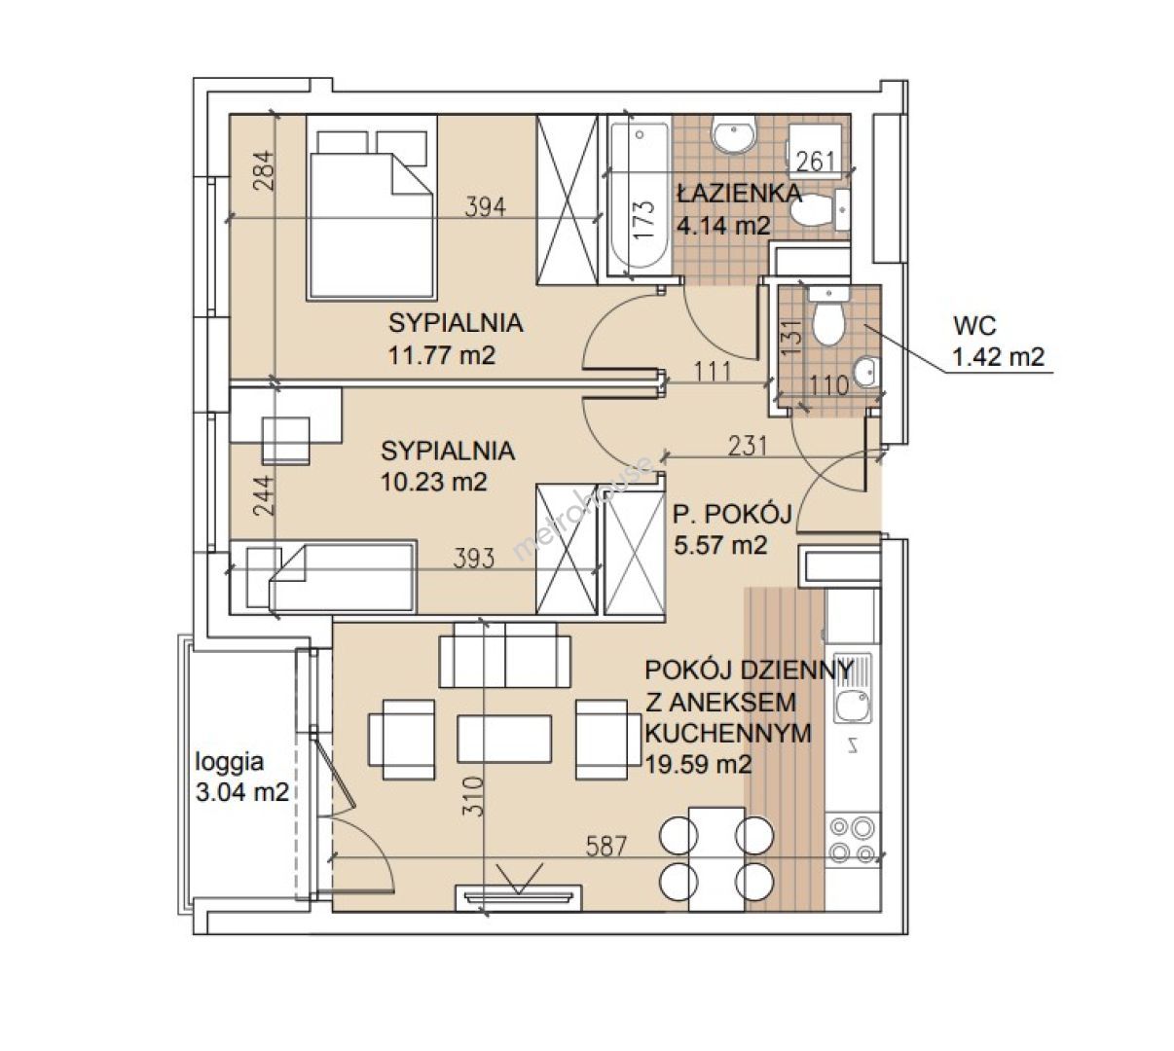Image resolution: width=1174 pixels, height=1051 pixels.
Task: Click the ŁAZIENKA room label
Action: tap(740, 193)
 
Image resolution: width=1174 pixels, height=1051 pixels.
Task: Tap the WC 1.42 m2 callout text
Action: tap(999, 342)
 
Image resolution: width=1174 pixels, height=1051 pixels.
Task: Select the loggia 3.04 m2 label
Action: tap(242, 777)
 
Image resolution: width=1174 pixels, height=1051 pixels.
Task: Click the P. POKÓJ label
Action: tap(732, 513)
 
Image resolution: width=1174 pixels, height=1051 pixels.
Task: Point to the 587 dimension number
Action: tap(606, 847)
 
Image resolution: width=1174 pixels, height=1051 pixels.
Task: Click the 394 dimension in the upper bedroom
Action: tap(486, 207)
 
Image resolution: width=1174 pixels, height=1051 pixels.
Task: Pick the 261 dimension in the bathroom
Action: tap(816, 162)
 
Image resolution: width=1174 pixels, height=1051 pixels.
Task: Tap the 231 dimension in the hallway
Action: tap(748, 446)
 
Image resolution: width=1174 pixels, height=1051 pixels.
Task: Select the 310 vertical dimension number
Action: tap(473, 796)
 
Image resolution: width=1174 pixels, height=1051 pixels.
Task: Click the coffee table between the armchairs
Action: tap(503, 739)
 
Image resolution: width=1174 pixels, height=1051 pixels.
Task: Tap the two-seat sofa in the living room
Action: tap(504, 655)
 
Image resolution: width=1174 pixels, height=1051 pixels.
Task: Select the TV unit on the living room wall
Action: tap(518, 898)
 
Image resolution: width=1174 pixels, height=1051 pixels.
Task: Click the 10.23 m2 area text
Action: tap(433, 482)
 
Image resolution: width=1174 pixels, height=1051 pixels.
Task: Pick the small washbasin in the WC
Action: tap(866, 370)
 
